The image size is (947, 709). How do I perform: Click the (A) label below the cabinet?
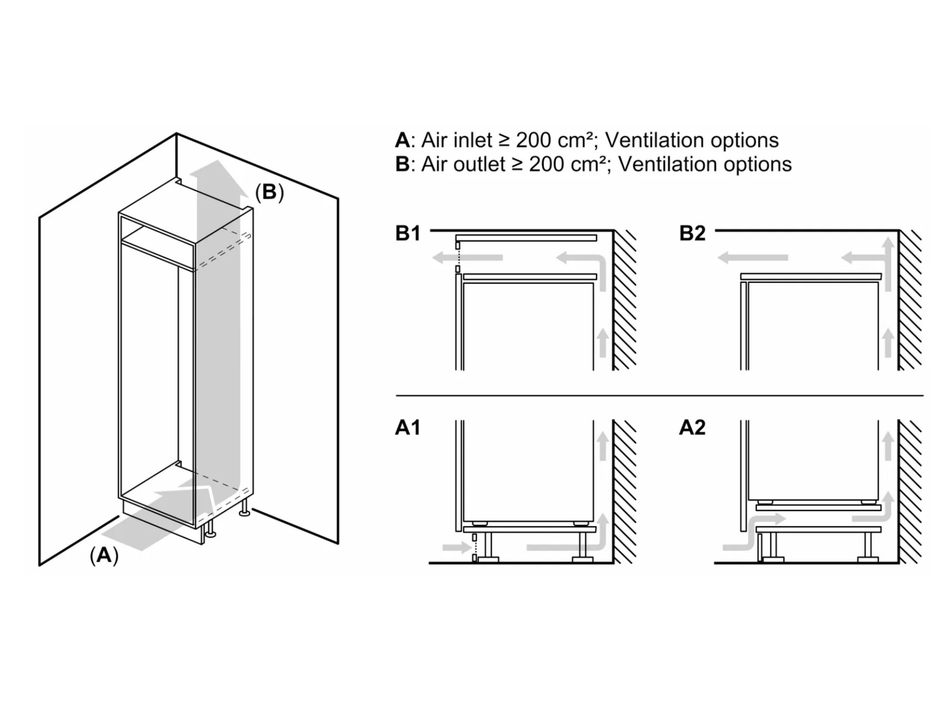pyautogui.click(x=104, y=555)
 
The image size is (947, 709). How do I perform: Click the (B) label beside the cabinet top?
pyautogui.click(x=269, y=192)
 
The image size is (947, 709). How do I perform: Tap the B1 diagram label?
pyautogui.click(x=408, y=233)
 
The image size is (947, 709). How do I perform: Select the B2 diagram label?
pyautogui.click(x=692, y=233)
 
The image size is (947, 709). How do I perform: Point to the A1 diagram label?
pyautogui.click(x=408, y=428)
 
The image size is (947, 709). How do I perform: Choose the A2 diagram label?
pyautogui.click(x=692, y=428)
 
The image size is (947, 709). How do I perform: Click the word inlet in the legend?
pyautogui.click(x=472, y=140)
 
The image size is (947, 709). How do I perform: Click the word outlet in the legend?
pyautogui.click(x=479, y=164)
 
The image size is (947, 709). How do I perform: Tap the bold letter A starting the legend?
pyautogui.click(x=402, y=140)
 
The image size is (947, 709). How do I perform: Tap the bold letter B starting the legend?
pyautogui.click(x=402, y=164)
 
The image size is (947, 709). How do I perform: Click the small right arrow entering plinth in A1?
pyautogui.click(x=456, y=547)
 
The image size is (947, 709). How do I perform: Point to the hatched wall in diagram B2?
pyautogui.click(x=909, y=299)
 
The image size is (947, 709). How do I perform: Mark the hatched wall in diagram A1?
pyautogui.click(x=624, y=490)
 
